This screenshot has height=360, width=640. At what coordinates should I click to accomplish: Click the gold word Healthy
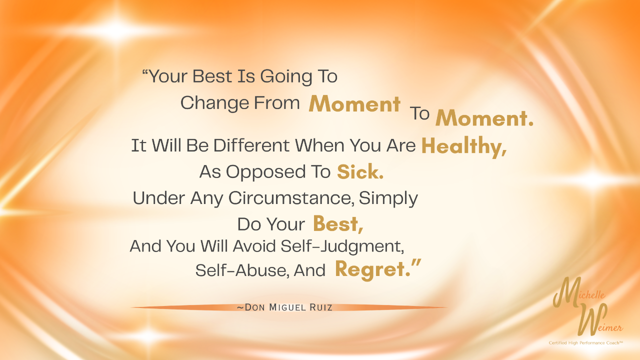click(464, 146)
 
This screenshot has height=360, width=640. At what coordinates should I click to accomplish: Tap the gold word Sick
click(360, 171)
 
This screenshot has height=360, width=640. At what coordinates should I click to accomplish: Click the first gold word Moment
click(354, 103)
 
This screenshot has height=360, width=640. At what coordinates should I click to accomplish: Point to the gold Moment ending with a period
click(484, 117)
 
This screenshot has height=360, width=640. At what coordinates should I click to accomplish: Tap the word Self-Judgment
click(342, 246)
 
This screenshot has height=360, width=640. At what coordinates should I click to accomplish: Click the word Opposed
click(265, 172)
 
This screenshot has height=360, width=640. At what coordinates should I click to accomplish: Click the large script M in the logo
click(567, 292)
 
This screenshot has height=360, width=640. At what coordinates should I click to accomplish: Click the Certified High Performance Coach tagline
click(585, 343)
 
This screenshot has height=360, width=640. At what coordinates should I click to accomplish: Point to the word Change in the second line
click(214, 103)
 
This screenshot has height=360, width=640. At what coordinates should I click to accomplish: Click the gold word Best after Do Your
click(338, 223)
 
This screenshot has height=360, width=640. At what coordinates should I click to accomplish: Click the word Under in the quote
click(158, 197)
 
